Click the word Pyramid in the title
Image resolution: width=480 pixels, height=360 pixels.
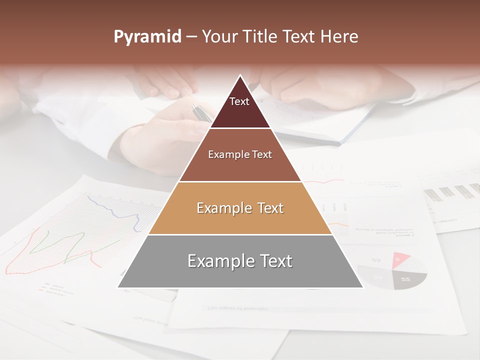coord(147,37)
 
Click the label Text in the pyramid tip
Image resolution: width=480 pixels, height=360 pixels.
coord(239,101)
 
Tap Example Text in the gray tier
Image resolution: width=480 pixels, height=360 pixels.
coord(240,261)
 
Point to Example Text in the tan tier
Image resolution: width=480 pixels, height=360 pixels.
coord(240,208)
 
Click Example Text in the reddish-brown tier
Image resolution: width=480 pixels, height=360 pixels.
coord(240,154)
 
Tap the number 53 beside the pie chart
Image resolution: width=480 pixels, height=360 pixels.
coord(376,260)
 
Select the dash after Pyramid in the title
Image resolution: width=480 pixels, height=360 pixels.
coord(191,37)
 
